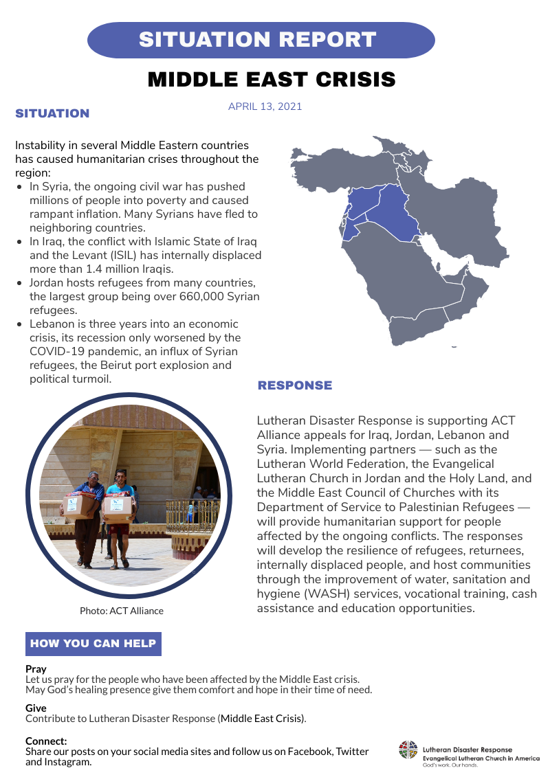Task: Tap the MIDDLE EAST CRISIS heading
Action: click(272, 79)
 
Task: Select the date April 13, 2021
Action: click(265, 106)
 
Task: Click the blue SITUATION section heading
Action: click(52, 113)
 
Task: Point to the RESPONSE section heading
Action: click(295, 385)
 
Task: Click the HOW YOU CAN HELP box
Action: click(93, 644)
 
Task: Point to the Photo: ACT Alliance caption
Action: click(122, 611)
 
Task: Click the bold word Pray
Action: click(36, 669)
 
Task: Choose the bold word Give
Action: click(36, 708)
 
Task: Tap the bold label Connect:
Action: click(46, 741)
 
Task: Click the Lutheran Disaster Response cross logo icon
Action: click(408, 750)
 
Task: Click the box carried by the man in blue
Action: click(80, 506)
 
